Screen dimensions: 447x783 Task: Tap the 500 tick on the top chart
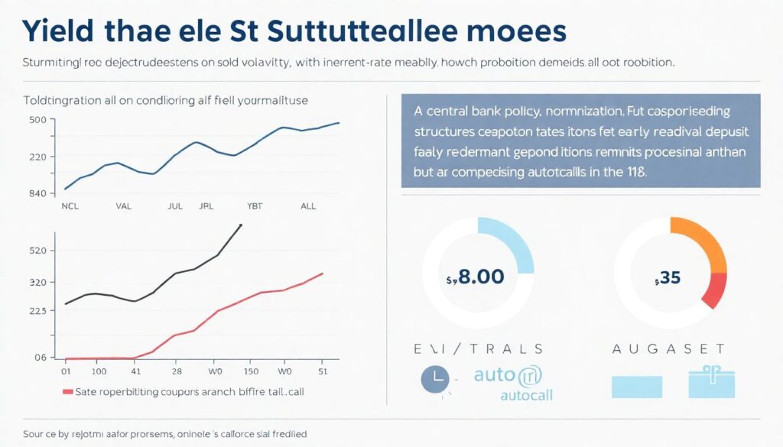(x=37, y=120)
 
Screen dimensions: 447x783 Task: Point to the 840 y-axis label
(x=37, y=193)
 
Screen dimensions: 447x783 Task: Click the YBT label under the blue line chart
(x=255, y=206)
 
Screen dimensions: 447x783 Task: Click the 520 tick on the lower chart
(x=38, y=251)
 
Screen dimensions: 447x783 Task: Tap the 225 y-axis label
(x=38, y=311)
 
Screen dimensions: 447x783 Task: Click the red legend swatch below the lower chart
(x=67, y=391)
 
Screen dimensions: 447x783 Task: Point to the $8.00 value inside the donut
(x=475, y=276)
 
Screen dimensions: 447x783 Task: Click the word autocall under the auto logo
(x=526, y=395)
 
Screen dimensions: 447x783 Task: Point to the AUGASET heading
(x=668, y=348)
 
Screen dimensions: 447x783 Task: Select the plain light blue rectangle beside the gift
(x=636, y=386)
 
